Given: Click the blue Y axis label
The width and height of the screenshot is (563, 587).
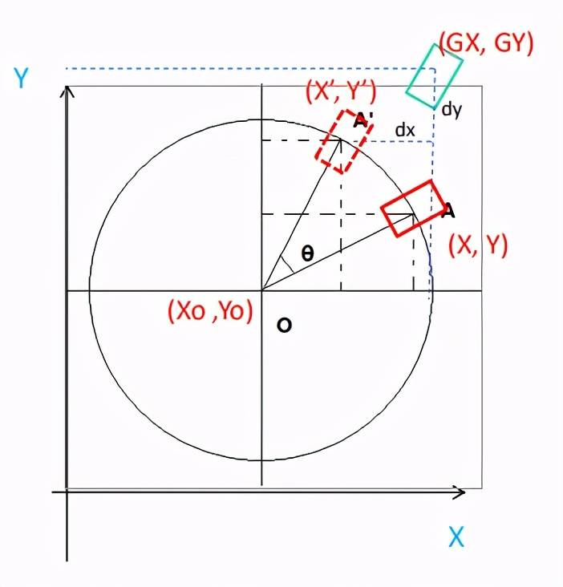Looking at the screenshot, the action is click(x=22, y=78).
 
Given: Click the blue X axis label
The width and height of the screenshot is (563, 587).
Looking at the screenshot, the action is click(x=456, y=536).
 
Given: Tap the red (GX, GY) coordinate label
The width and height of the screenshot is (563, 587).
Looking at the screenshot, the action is click(x=485, y=43).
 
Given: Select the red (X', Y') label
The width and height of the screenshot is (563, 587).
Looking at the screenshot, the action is click(x=341, y=91).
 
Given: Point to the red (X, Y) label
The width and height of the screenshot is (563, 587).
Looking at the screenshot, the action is click(x=478, y=245).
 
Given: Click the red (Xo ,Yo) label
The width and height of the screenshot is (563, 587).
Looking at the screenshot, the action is click(x=211, y=310).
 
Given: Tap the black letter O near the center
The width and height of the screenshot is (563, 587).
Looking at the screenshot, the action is click(x=284, y=325).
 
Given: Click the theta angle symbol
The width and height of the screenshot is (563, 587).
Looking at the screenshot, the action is click(x=307, y=254).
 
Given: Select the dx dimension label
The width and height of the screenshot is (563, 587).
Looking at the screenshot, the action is click(x=405, y=130).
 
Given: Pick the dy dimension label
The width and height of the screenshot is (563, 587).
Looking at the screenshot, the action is click(x=452, y=110).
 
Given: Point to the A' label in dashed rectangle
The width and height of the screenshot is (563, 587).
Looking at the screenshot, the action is click(x=362, y=119).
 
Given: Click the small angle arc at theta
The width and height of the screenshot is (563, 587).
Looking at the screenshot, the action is click(x=288, y=265).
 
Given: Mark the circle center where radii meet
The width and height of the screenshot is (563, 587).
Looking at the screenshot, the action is click(x=262, y=290).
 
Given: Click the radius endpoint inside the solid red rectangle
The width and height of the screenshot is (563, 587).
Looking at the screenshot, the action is click(x=413, y=214).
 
